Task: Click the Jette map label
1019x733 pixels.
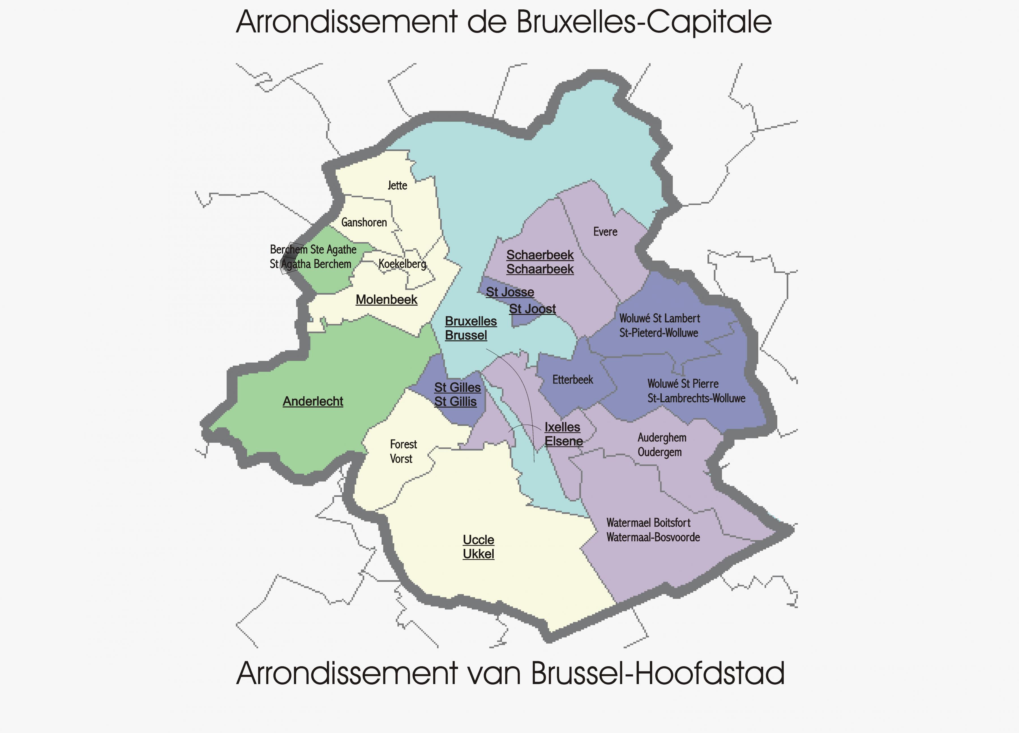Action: pos(397,186)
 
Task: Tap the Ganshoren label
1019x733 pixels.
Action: pos(364,222)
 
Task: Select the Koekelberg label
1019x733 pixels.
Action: pos(402,264)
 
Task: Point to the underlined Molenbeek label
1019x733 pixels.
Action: pos(386,299)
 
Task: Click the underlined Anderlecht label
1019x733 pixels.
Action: pos(313,401)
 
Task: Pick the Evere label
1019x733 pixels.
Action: pos(605,232)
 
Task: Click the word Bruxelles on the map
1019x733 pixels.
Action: pos(470,321)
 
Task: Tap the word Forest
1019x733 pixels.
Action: pos(403,444)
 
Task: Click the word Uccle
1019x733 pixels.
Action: pos(478,540)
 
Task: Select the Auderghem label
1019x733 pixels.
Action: pos(662,438)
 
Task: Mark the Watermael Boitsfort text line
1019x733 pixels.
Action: pos(648,523)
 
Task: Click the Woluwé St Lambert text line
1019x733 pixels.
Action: pos(659,318)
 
